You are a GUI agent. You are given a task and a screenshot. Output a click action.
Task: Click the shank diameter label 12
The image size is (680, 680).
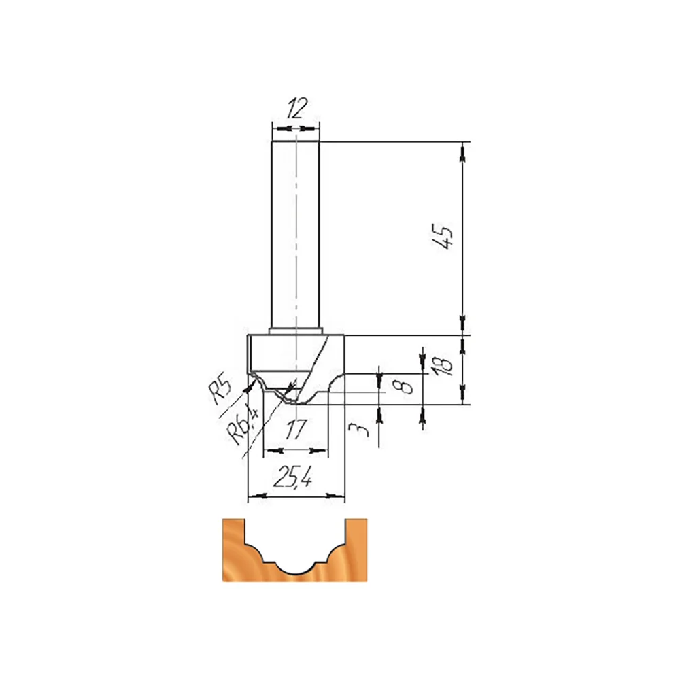tap(297, 108)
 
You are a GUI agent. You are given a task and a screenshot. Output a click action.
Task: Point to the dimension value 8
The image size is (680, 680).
tap(407, 385)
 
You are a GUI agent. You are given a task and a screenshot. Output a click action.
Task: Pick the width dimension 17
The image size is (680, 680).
tap(296, 429)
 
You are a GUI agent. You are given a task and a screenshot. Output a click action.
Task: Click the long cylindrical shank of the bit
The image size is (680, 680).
tap(295, 237)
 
